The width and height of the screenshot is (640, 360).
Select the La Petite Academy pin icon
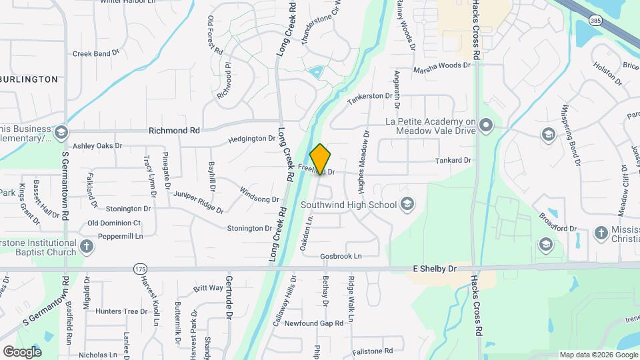(487, 125)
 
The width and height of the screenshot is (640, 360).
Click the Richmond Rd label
(174, 131)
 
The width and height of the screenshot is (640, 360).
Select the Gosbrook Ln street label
(340, 256)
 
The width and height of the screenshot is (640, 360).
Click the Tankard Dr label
(453, 161)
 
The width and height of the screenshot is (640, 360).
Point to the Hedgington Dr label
(251, 139)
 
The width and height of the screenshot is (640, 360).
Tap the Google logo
(22, 351)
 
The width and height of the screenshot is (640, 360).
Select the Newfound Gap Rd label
(313, 323)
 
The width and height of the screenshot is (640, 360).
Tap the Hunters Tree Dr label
(121, 311)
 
